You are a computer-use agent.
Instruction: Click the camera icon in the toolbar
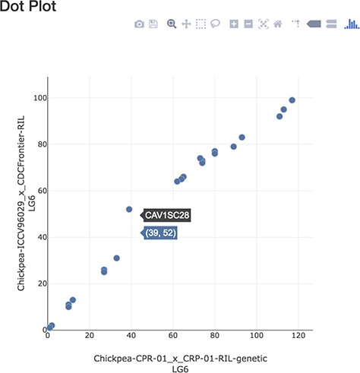[139, 24]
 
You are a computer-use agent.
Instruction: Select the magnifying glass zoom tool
[172, 24]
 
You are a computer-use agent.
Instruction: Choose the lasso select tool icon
[216, 24]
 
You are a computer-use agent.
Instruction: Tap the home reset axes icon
[278, 24]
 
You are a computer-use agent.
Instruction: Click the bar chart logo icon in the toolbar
[352, 24]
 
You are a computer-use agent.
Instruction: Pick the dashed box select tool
[201, 24]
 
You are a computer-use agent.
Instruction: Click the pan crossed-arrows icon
[186, 24]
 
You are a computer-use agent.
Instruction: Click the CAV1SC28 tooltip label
[167, 215]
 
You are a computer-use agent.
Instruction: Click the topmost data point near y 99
[292, 100]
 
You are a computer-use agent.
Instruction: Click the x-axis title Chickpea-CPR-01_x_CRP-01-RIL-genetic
[181, 357]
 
